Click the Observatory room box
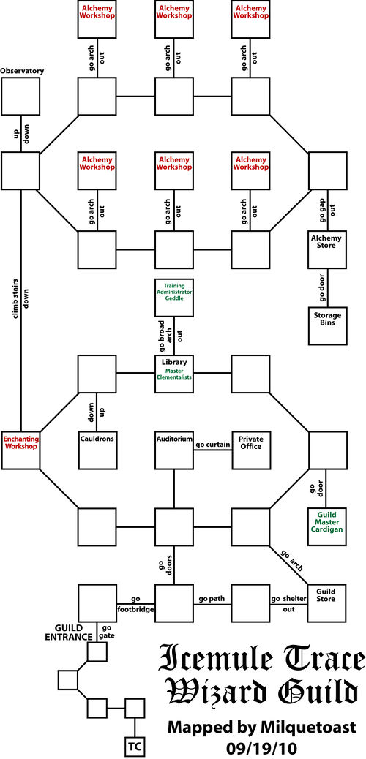pos(20,96)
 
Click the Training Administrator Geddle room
pos(174,298)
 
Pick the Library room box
pos(174,373)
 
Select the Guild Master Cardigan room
pos(326,525)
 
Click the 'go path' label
pos(212,597)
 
